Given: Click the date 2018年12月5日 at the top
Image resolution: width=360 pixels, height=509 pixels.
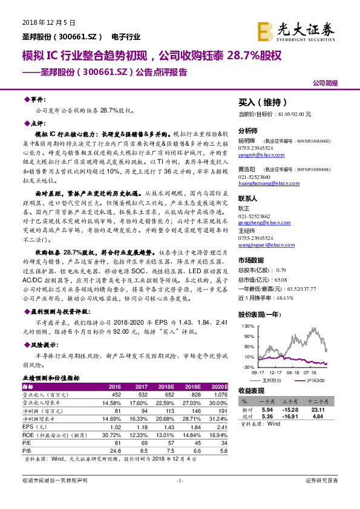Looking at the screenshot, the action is [42, 22].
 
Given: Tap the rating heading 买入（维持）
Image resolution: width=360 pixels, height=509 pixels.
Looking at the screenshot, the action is [259, 102].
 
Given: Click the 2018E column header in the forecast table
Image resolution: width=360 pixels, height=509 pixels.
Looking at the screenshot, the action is [167, 386].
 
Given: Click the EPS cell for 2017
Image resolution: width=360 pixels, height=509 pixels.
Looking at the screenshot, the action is [142, 427].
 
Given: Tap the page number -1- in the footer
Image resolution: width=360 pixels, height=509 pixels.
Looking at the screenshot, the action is [180, 481].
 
